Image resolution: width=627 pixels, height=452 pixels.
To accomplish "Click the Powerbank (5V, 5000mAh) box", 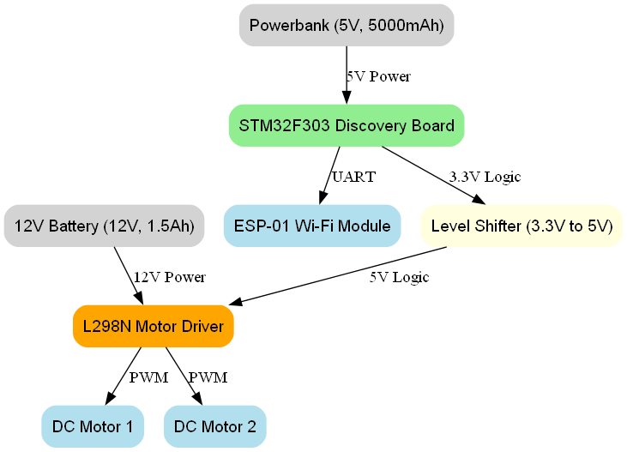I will [x=347, y=25].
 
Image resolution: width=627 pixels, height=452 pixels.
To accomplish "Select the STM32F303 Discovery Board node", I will [x=347, y=125].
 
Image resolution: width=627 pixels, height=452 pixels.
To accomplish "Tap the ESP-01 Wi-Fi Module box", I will [x=312, y=226].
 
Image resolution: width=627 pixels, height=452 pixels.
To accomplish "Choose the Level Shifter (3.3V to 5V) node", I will [x=521, y=226].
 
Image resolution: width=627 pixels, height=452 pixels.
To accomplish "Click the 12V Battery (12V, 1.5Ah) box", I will [x=104, y=226].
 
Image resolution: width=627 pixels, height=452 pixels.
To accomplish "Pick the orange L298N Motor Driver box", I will [x=154, y=327].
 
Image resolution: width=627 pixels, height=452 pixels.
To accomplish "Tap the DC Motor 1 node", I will [x=93, y=426].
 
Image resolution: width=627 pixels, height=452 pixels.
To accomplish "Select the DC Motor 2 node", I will [x=214, y=426].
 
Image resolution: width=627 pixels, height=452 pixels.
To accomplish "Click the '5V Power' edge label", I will [x=378, y=76].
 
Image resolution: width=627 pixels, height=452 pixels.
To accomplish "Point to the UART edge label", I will [x=353, y=177].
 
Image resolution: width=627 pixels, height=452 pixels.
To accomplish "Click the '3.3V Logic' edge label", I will [x=485, y=177].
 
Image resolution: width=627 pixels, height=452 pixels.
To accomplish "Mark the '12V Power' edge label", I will [x=169, y=277].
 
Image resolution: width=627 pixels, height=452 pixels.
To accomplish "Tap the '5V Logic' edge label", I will [x=400, y=277].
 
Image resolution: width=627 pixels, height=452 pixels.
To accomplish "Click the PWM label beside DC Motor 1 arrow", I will [x=148, y=377].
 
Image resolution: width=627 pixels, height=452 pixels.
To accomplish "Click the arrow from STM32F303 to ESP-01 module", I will [x=329, y=176].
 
